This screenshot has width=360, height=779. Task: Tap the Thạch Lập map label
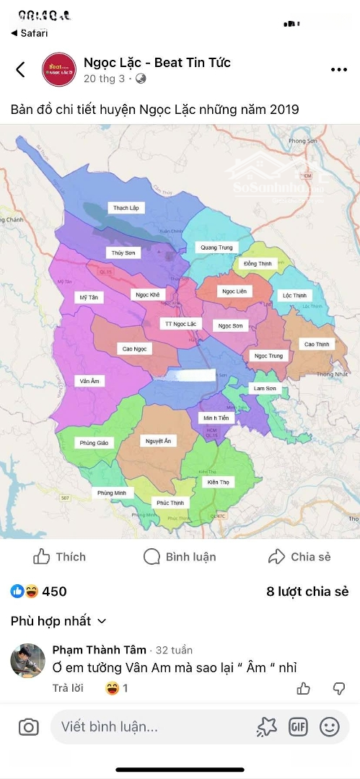tap(126, 208)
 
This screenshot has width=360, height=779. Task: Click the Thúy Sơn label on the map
tap(123, 252)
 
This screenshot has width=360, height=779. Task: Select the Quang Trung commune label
tap(216, 247)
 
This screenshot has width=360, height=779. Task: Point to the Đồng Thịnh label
tap(258, 264)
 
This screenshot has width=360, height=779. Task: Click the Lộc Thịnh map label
tap(294, 296)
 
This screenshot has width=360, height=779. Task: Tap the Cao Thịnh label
tap(317, 344)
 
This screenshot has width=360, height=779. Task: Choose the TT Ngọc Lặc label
tap(180, 324)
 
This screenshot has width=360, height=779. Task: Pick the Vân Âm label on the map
tap(90, 380)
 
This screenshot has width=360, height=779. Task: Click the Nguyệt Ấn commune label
tap(158, 441)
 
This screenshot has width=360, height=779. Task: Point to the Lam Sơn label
tap(264, 389)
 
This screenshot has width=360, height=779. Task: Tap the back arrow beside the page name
tap(20, 69)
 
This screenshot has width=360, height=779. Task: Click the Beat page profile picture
tap(59, 70)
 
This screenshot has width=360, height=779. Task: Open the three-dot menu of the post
tap(339, 70)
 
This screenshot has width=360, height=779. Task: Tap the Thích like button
tap(59, 557)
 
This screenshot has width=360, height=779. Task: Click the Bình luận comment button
tap(180, 557)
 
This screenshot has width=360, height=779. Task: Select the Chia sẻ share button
tap(299, 557)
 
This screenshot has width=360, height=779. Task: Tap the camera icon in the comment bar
tap(28, 727)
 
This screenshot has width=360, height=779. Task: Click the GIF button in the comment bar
tap(298, 727)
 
